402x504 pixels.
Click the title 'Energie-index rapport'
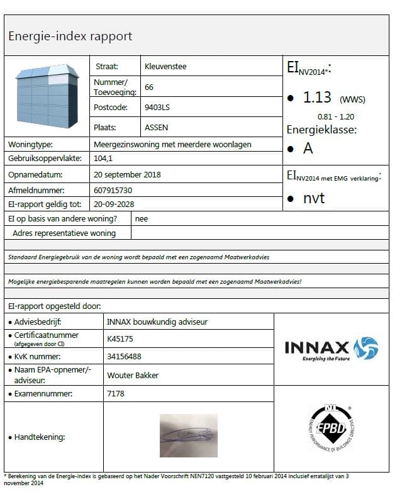(70, 36)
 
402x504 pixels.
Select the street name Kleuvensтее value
(165, 66)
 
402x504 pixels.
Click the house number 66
(149, 87)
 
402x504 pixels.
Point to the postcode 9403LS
(157, 107)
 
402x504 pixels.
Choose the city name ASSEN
(157, 127)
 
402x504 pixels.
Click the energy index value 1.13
(318, 98)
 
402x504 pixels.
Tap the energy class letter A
(308, 148)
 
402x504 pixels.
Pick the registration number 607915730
(113, 189)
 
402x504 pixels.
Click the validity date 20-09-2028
(114, 204)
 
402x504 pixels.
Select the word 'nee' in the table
(142, 218)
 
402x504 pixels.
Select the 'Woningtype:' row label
(31, 144)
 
